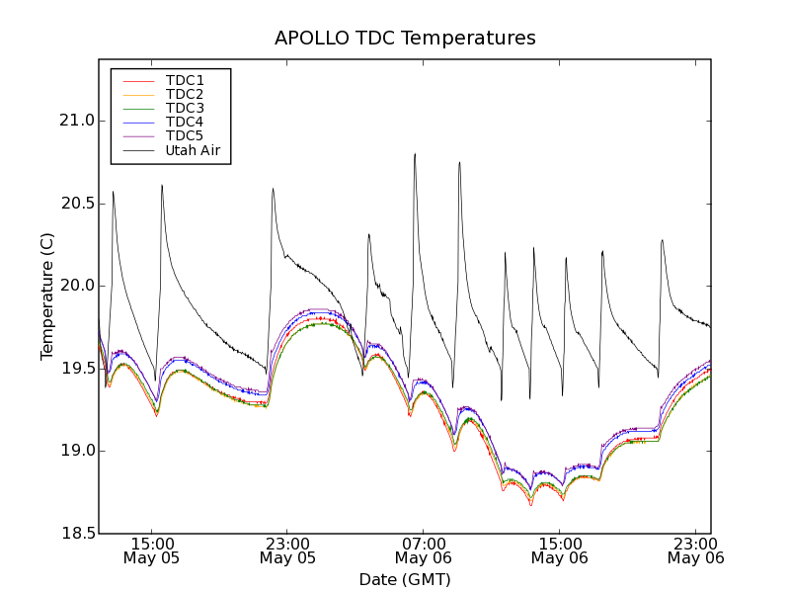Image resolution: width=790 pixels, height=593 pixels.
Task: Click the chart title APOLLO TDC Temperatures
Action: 405,39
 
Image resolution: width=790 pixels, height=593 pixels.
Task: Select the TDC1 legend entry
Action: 185,80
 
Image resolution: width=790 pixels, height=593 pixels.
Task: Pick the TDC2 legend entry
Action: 185,94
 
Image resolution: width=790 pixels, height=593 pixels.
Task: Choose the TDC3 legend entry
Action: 185,108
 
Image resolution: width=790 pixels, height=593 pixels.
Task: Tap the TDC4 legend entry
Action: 185,122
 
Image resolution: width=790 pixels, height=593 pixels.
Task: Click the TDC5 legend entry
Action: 185,135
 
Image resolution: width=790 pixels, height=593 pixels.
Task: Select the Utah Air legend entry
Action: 192,150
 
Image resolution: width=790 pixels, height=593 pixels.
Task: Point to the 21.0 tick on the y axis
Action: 74,121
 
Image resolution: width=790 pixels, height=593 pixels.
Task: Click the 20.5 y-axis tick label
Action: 74,204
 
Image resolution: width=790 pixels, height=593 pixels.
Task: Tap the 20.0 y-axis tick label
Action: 74,286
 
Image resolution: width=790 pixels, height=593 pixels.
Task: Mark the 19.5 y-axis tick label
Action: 74,369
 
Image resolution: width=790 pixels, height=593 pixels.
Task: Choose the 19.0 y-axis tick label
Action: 74,451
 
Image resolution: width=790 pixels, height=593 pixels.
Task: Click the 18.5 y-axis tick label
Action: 74,534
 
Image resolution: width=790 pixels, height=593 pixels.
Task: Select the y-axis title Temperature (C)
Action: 47,296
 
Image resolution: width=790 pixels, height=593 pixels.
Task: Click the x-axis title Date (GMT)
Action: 405,579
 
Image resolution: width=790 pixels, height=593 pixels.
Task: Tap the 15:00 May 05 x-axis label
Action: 152,551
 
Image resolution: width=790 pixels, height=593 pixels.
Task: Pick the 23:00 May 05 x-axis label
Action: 287,551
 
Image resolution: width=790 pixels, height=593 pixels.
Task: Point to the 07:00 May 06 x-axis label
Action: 424,551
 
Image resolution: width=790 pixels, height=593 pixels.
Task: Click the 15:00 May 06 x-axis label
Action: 559,551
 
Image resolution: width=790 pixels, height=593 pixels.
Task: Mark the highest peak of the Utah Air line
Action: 415,154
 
